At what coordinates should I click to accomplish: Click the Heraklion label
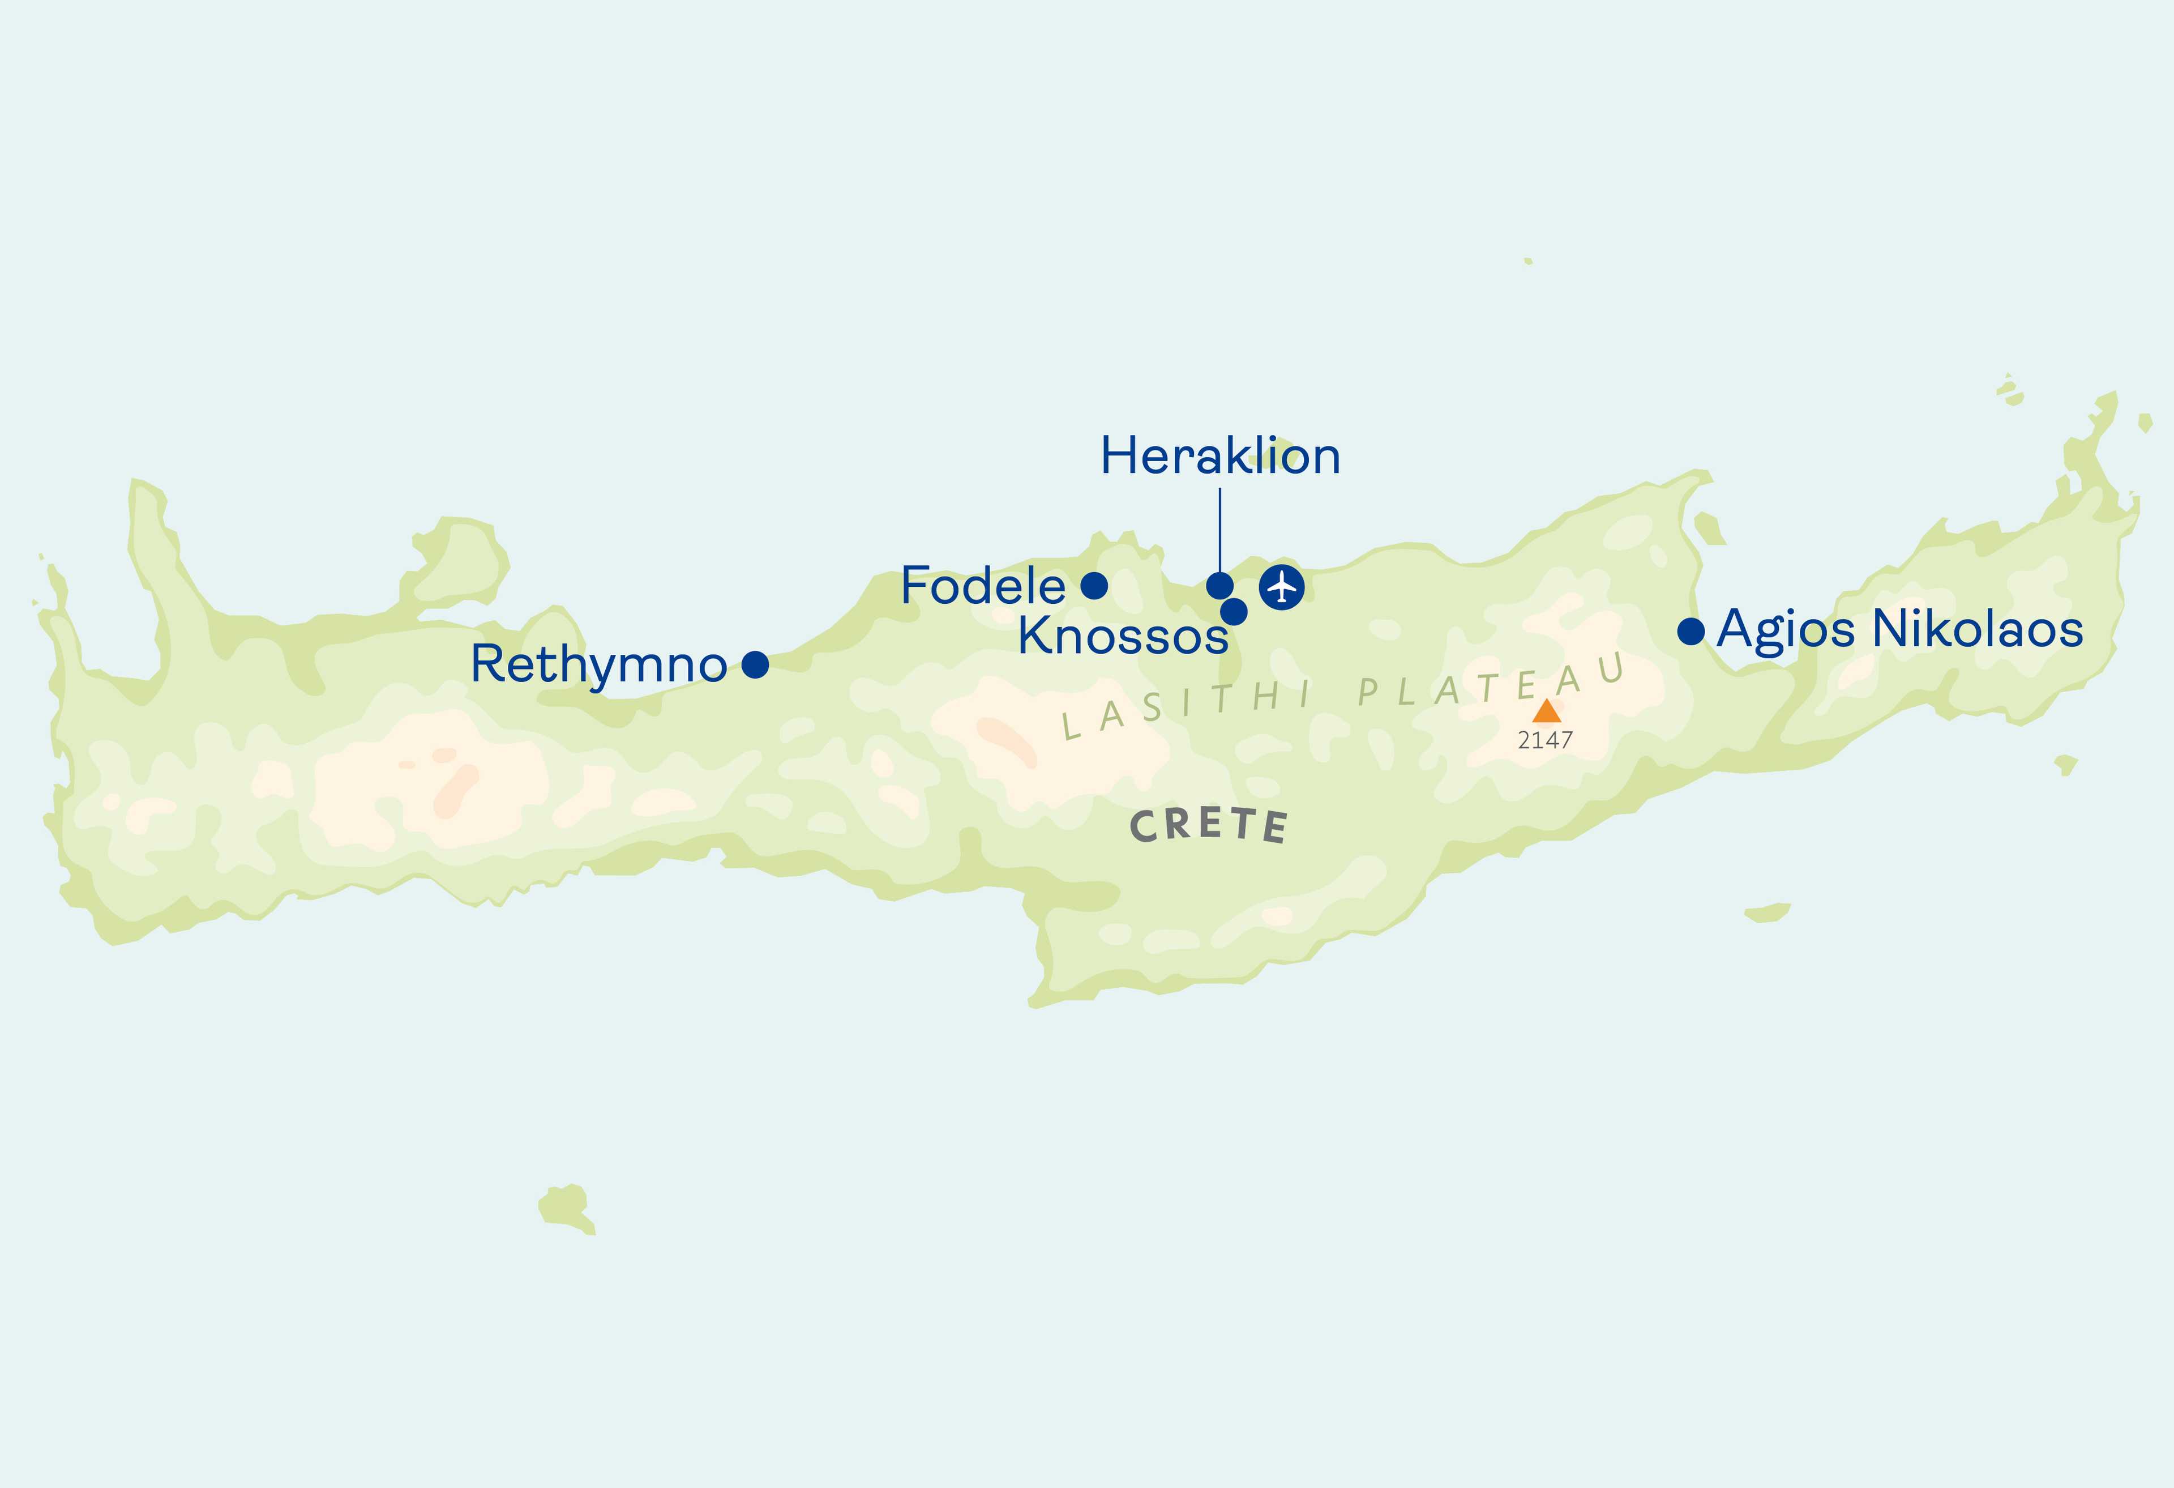click(x=1220, y=457)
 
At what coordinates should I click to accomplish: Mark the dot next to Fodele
click(x=1094, y=586)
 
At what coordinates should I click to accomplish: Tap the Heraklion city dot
click(x=1219, y=586)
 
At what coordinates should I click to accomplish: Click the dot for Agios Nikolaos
click(x=1691, y=632)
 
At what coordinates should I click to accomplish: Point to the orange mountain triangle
click(x=1546, y=712)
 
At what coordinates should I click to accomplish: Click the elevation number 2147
click(x=1546, y=740)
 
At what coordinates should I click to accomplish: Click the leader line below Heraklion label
click(x=1220, y=528)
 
